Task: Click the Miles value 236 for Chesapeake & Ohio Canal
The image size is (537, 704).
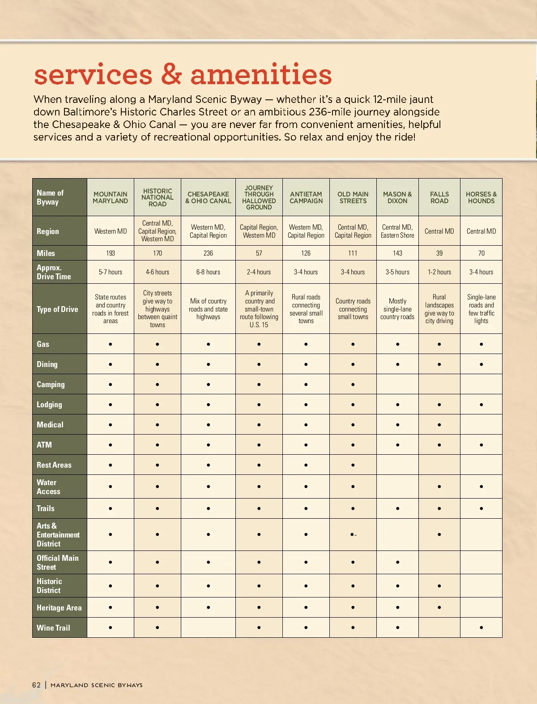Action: point(208,253)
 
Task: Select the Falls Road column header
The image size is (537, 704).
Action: point(439,197)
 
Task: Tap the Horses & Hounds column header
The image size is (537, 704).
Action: point(481,197)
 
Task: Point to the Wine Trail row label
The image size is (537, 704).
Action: point(53,627)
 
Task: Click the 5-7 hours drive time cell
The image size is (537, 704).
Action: point(111,272)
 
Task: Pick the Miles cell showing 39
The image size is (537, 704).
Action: point(439,253)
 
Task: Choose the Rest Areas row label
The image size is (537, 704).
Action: point(54,465)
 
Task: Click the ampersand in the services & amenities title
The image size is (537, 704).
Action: point(171,74)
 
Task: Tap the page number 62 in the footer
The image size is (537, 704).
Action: point(36,685)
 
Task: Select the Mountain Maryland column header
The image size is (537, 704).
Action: point(111,197)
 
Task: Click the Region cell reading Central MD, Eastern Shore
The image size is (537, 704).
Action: point(397,231)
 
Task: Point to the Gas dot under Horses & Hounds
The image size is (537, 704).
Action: point(481,344)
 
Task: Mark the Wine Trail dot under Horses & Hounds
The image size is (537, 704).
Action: point(481,627)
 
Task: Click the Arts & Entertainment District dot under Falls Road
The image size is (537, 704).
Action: point(439,534)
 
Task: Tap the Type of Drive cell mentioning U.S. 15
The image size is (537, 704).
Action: point(259,309)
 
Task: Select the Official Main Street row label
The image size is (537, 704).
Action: point(57,563)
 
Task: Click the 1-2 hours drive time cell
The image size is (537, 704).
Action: point(439,272)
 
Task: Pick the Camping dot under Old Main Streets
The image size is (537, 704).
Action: point(353,384)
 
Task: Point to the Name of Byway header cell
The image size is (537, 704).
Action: point(50,197)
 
